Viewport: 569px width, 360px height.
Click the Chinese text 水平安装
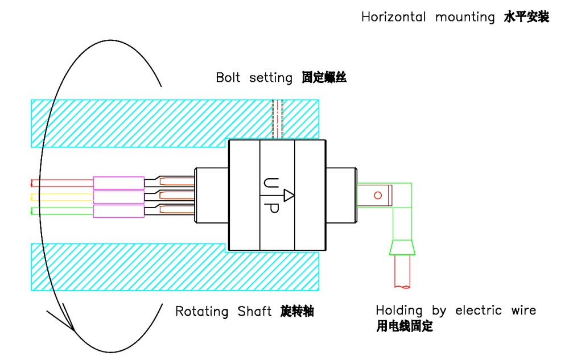click(526, 17)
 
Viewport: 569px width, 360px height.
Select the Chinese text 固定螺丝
click(324, 78)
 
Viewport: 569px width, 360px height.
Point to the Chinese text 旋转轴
click(297, 312)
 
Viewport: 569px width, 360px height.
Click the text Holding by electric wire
click(455, 311)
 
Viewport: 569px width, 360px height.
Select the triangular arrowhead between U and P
click(288, 196)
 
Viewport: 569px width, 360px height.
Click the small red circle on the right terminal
click(377, 196)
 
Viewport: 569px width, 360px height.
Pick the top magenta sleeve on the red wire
click(118, 183)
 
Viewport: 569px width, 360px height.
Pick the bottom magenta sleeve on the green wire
click(118, 211)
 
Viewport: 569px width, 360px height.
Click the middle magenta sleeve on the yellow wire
click(118, 197)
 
